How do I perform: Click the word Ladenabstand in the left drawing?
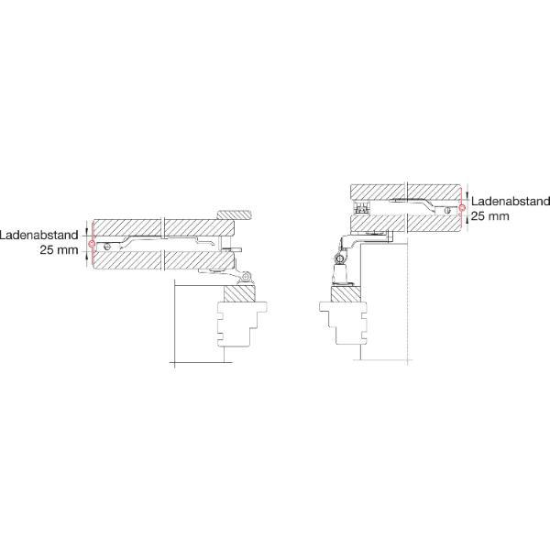pos(38,235)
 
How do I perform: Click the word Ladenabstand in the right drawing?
pos(511,202)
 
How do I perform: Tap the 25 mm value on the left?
pos(59,250)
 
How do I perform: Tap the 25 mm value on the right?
pos(490,216)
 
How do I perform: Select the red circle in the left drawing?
pos(92,243)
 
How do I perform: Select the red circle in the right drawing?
pos(462,208)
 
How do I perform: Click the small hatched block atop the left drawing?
pos(235,215)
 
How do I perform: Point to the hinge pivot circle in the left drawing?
pos(246,277)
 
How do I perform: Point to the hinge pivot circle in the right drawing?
pos(339,259)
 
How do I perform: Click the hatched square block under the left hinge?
pos(239,293)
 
